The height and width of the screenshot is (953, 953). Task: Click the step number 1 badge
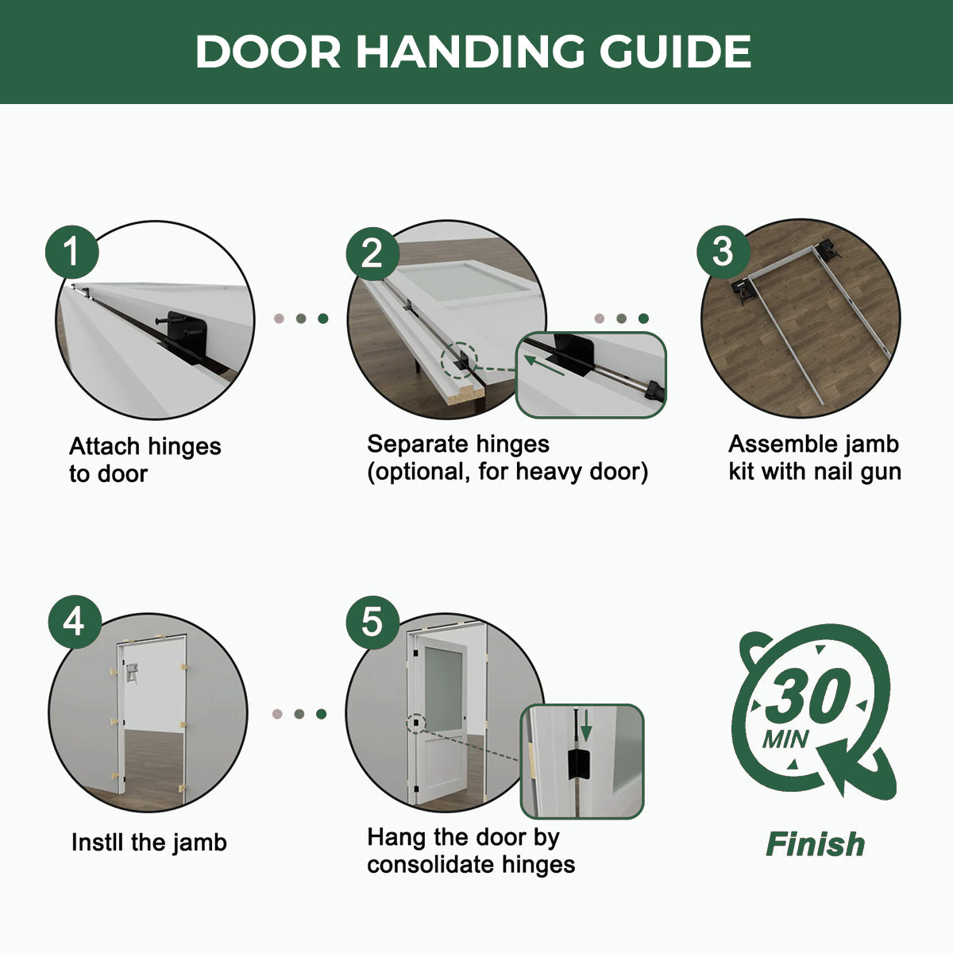[72, 253]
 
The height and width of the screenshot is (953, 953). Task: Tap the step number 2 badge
[372, 253]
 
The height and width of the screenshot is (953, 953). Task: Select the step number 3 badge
[723, 252]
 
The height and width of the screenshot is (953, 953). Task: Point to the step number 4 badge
[74, 622]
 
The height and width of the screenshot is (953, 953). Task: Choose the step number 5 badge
[372, 622]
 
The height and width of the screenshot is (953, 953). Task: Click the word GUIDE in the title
[675, 52]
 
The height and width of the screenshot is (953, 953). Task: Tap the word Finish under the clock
[815, 844]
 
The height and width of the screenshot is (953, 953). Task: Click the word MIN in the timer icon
[785, 740]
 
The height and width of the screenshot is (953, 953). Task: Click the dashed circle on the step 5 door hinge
[416, 723]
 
